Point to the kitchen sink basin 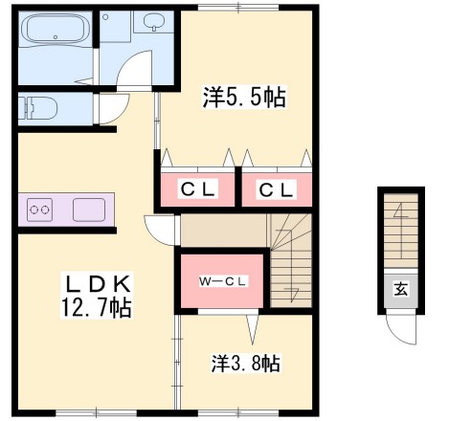[x=89, y=209]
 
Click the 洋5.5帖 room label [x=244, y=96]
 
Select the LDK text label [x=98, y=284]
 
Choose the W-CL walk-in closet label [x=223, y=281]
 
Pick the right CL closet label [x=275, y=189]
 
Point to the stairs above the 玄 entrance [x=400, y=233]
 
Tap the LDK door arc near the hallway [x=158, y=230]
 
